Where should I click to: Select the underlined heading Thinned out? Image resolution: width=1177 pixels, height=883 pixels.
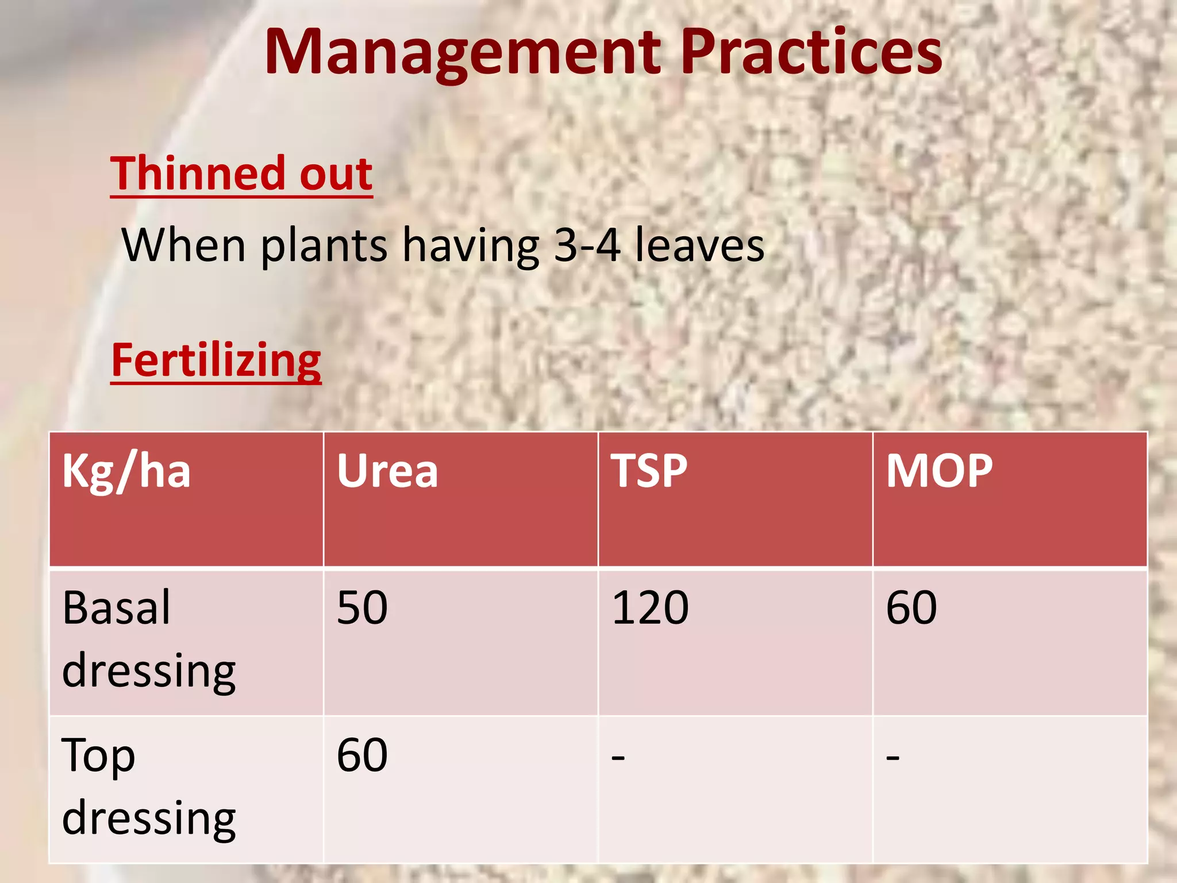click(241, 174)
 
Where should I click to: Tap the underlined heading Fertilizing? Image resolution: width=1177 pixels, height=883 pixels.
click(216, 360)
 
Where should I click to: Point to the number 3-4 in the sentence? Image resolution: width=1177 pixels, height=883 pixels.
click(587, 245)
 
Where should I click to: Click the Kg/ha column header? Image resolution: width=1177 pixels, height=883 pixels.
click(126, 471)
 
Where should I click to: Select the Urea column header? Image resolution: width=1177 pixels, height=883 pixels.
click(387, 471)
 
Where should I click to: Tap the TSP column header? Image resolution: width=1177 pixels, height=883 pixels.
click(649, 471)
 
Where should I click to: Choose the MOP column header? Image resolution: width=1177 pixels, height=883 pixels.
click(939, 471)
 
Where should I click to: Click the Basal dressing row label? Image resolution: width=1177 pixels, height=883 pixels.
click(148, 639)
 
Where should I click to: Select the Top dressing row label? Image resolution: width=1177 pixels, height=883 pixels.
click(148, 786)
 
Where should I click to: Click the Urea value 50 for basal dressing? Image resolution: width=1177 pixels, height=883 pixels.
click(362, 608)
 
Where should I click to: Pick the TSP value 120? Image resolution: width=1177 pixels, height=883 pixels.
click(650, 608)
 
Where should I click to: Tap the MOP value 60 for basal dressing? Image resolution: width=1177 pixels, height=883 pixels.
click(911, 608)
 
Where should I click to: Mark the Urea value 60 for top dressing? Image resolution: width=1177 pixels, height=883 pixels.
click(362, 755)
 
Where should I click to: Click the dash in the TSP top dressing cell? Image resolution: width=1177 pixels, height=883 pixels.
click(618, 758)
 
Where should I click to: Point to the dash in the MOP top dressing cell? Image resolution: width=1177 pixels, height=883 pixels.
click(893, 758)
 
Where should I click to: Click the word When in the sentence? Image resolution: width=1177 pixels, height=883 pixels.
click(184, 245)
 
